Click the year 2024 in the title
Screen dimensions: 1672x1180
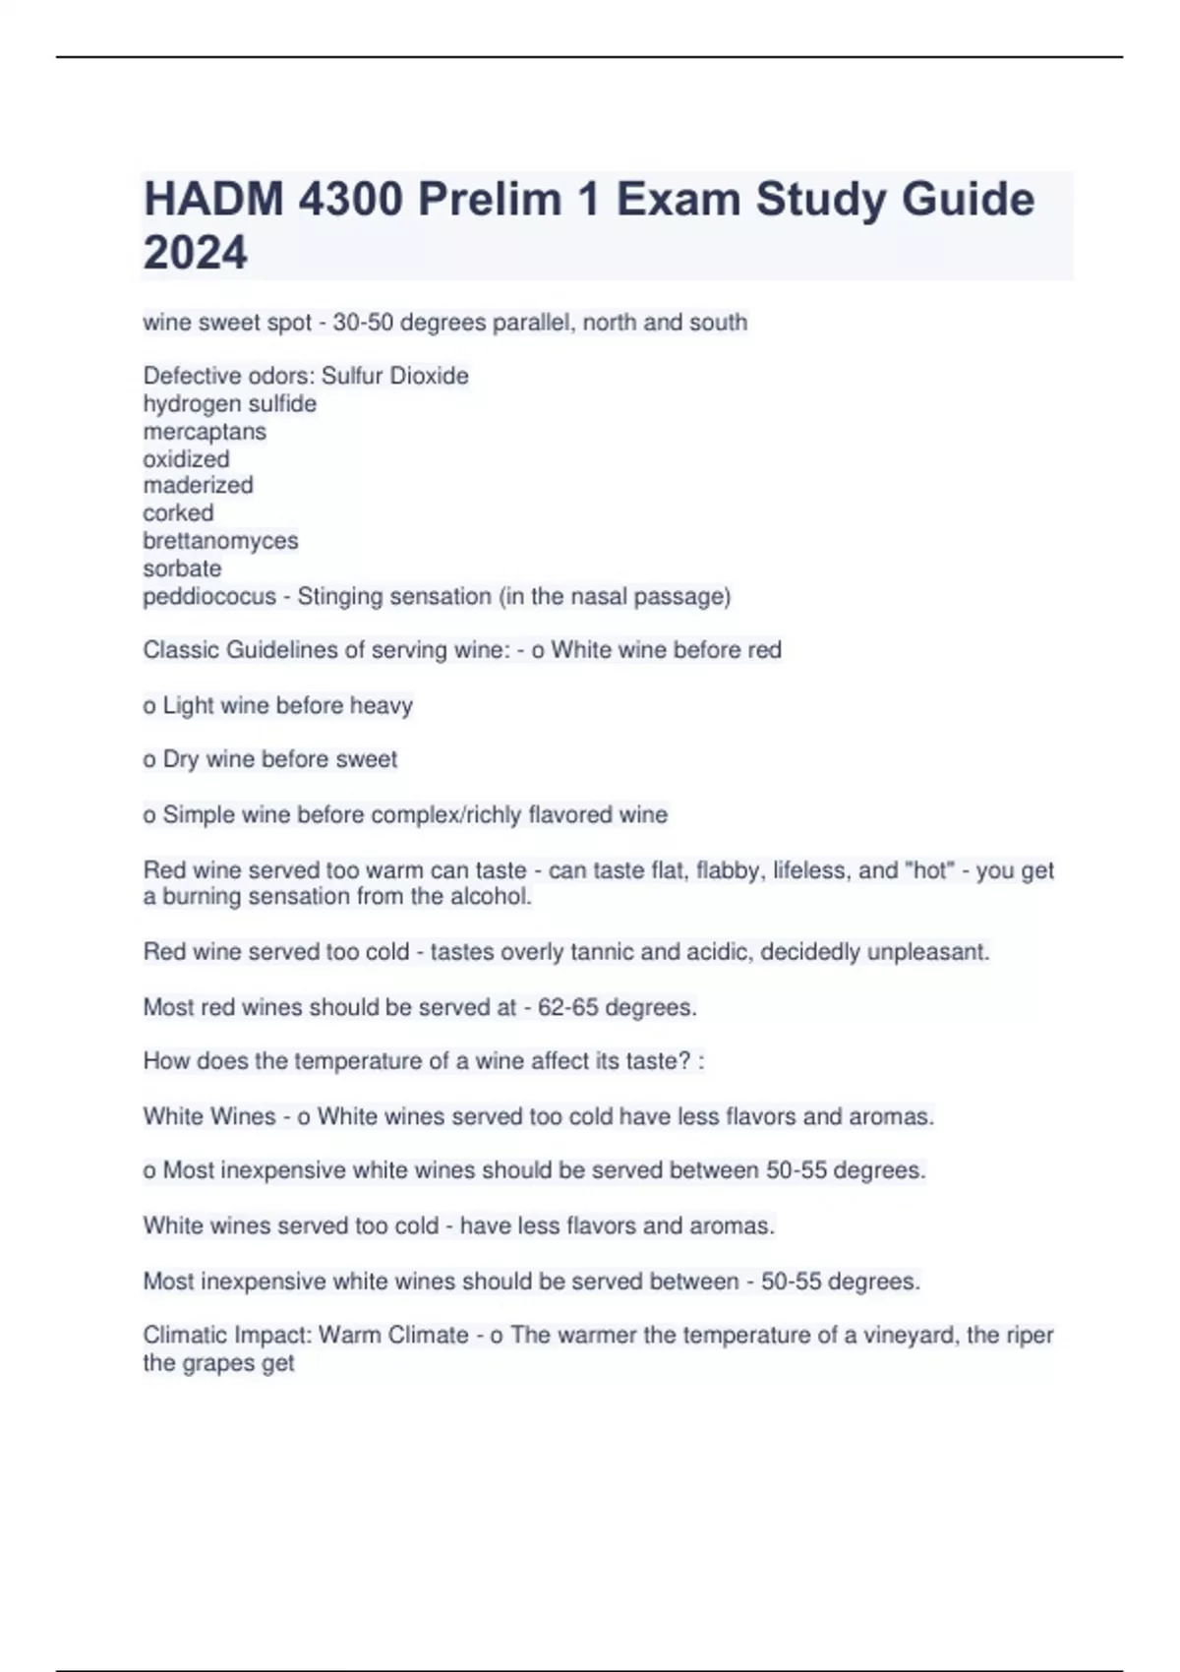click(195, 253)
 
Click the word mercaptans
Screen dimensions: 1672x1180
click(205, 432)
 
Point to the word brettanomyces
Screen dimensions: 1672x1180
click(220, 541)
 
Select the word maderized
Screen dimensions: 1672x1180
click(198, 486)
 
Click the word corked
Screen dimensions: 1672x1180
click(178, 513)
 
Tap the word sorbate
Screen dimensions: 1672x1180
click(182, 568)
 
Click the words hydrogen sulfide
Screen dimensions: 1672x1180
click(229, 404)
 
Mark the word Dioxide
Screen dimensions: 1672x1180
click(429, 377)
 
